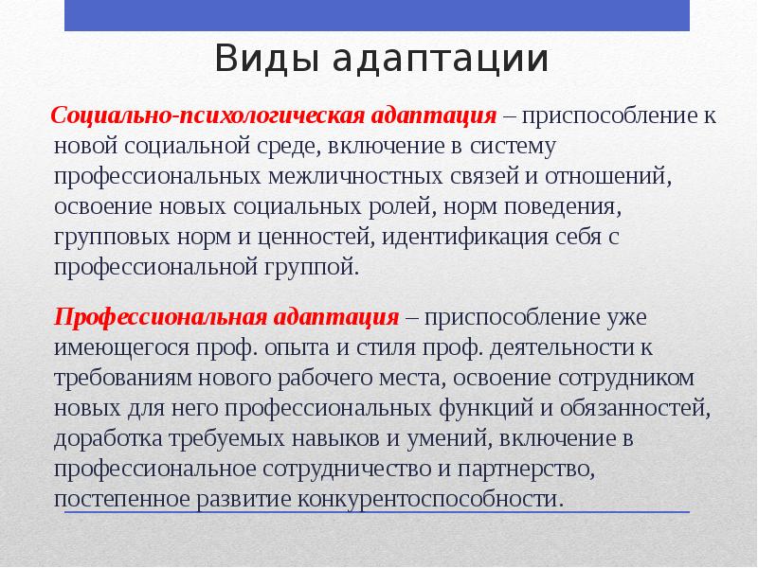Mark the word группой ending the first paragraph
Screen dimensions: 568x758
pyautogui.click(x=310, y=267)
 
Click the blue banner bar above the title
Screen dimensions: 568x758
pyautogui.click(x=376, y=15)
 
